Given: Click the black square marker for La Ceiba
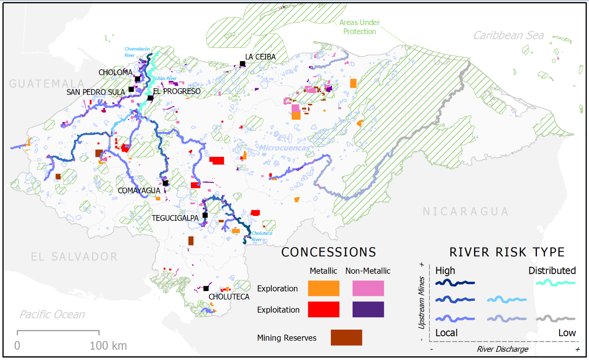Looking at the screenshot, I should (243, 64).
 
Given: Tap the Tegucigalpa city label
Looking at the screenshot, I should (175, 218).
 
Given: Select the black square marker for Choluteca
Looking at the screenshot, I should (206, 289).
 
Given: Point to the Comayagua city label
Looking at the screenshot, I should (139, 190).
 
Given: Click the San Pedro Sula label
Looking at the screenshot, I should (96, 92).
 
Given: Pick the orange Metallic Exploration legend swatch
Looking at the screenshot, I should (323, 288).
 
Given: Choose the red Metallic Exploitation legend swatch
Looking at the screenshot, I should (323, 310).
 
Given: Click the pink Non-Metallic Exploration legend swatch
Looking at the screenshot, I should (368, 288).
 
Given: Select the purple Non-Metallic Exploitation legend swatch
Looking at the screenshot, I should (368, 310).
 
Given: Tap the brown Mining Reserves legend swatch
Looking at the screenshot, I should (346, 337).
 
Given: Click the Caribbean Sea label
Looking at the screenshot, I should (509, 36).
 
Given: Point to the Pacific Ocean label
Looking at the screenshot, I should (53, 314).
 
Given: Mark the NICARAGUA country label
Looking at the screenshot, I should (466, 212).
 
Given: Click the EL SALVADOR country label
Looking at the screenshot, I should (74, 257).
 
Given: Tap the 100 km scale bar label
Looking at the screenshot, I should (108, 346).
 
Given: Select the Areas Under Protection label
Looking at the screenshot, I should (360, 27).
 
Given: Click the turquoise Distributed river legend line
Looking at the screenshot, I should (555, 283).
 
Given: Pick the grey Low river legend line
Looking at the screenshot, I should (555, 319).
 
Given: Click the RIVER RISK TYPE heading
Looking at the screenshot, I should (507, 252).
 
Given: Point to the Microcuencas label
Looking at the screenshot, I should (284, 148).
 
